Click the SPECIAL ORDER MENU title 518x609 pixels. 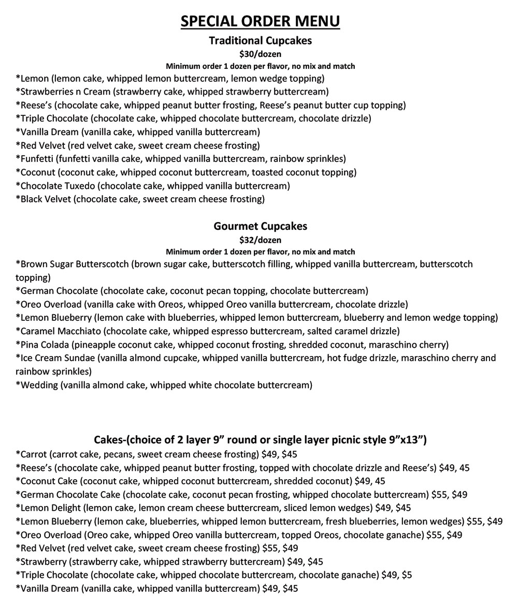pyautogui.click(x=260, y=21)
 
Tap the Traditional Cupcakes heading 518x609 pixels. pyautogui.click(x=260, y=40)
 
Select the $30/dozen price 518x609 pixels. pyautogui.click(x=260, y=54)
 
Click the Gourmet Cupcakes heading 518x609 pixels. pyautogui.click(x=260, y=226)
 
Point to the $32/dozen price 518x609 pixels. pyautogui.click(x=260, y=240)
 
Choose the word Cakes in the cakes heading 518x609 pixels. pyautogui.click(x=108, y=440)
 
